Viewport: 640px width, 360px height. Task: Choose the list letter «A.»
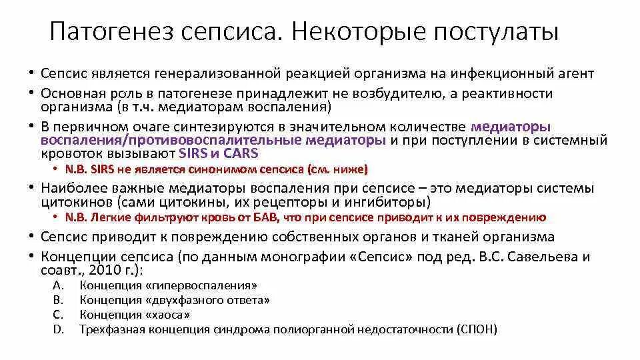pyautogui.click(x=57, y=285)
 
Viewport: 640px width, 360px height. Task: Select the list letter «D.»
pyautogui.click(x=57, y=329)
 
